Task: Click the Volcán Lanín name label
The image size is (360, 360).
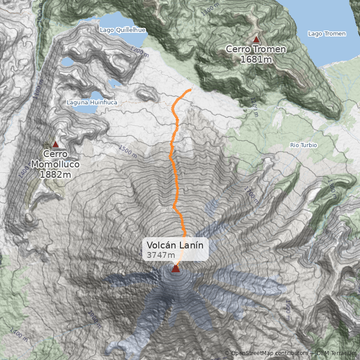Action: [175, 245]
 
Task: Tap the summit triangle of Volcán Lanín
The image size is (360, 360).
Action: [175, 269]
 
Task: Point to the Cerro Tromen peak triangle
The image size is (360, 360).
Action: [256, 39]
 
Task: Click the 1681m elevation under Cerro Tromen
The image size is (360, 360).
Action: [256, 59]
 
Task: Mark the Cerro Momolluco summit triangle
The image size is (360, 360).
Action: [55, 144]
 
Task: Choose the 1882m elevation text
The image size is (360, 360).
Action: [55, 174]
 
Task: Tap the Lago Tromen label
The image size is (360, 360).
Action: [327, 34]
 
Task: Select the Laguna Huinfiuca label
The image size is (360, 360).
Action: [92, 102]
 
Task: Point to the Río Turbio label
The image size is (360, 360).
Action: [304, 145]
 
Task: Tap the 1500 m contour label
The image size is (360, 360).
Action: [128, 151]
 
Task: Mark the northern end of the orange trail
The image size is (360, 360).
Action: [190, 90]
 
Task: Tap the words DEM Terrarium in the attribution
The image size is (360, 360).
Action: [337, 353]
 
